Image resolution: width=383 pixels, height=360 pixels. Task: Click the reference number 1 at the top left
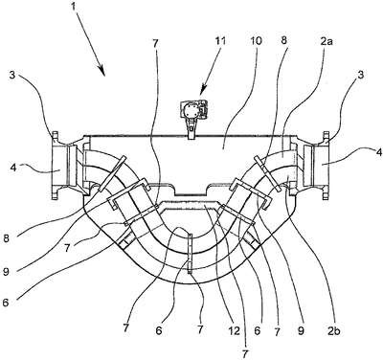[75, 6]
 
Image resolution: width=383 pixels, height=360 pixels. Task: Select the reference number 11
[219, 41]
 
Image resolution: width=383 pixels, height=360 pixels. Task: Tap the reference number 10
[256, 41]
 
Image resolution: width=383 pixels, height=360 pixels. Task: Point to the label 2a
[326, 41]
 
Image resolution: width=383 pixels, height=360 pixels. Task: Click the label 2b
[334, 331]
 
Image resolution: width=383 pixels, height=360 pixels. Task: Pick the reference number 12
[234, 331]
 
